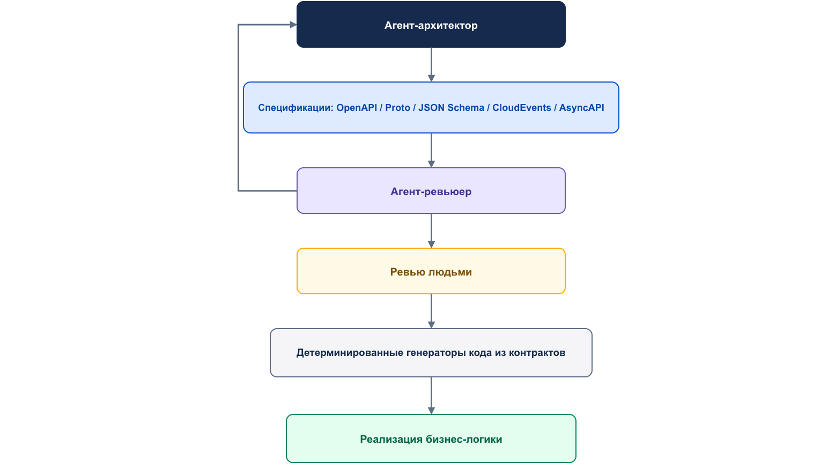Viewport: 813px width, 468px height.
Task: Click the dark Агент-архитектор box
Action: tap(431, 24)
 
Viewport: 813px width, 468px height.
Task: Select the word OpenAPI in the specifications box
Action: tap(357, 108)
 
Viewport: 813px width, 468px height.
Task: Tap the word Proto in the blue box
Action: tap(397, 108)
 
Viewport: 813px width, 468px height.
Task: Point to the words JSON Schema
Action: tap(451, 108)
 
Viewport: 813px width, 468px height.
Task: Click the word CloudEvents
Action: tap(522, 108)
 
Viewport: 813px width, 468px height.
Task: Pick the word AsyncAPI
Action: tap(581, 108)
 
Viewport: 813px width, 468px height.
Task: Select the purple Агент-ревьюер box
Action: tap(431, 190)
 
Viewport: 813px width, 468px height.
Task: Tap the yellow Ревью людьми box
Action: tap(431, 271)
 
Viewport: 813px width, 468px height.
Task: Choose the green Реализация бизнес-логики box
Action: tap(431, 439)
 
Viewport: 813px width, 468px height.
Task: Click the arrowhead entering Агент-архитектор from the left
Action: tap(293, 25)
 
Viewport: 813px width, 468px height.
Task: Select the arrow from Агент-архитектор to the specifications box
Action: tap(431, 64)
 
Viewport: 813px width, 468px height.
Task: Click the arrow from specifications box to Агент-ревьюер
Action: tap(431, 150)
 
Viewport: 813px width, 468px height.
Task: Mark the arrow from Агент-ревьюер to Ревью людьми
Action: tap(431, 231)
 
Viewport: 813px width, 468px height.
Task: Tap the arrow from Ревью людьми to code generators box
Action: tap(431, 311)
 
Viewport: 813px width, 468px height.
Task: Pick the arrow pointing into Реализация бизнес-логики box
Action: tap(431, 396)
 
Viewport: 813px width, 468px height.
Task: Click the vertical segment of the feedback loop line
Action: tap(238, 108)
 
